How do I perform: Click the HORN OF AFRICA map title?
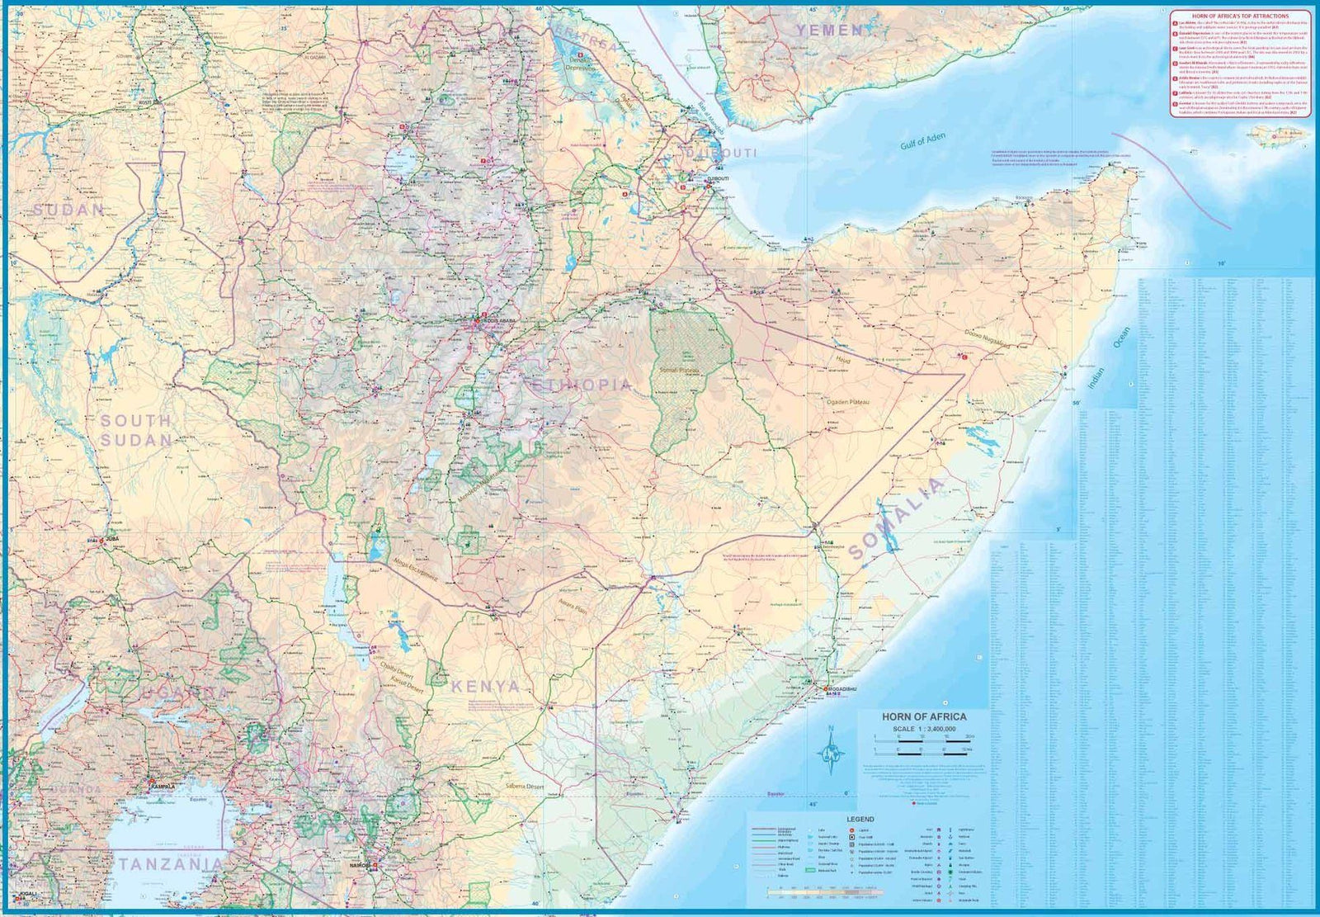(x=923, y=716)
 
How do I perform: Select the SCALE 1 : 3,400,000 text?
(x=923, y=729)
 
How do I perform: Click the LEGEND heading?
(x=859, y=819)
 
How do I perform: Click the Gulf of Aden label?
(x=923, y=142)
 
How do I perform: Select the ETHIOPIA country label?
(x=582, y=385)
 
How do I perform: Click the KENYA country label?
(x=486, y=686)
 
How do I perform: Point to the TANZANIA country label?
(x=171, y=864)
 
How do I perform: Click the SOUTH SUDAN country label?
(x=136, y=430)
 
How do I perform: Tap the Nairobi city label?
(x=361, y=866)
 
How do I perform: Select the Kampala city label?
(x=162, y=787)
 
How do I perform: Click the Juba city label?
(x=113, y=539)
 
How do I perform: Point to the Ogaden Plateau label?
(x=850, y=401)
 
